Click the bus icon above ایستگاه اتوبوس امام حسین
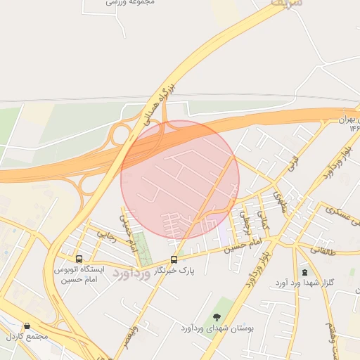coord(78,259)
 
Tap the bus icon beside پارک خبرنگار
coord(174,259)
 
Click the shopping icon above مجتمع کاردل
coord(27,326)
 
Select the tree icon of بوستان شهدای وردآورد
coord(217,317)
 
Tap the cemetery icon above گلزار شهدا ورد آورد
coord(304,272)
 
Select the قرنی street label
coord(292,167)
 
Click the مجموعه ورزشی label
coord(130,3)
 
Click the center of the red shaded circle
coord(180,179)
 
